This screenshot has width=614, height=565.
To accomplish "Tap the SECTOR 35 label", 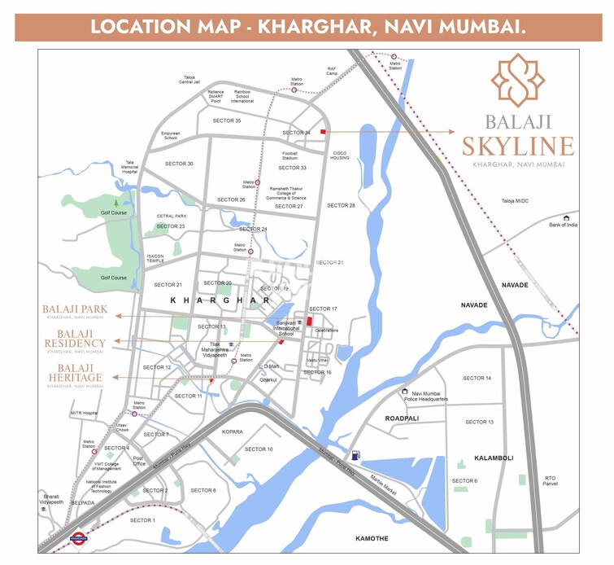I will point(227,120).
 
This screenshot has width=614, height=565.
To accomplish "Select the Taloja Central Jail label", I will point(189,80).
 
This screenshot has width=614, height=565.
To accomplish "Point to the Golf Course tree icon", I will point(115,201).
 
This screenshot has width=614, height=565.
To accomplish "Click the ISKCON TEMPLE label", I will point(155,259).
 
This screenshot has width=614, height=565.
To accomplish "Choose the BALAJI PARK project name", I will point(75,310).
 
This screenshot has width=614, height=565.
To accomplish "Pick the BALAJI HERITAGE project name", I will point(75,378).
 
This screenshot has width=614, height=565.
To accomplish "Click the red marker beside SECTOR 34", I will point(323,131).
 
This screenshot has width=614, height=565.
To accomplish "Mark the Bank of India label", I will point(563,225).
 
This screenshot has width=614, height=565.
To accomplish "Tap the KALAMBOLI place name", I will point(494,458).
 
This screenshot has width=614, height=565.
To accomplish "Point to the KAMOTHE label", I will point(372,538).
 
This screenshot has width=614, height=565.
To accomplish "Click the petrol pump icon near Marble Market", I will point(355,456).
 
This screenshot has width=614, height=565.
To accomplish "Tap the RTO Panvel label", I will point(551,480).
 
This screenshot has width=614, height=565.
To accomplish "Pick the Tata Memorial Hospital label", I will point(130,167).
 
